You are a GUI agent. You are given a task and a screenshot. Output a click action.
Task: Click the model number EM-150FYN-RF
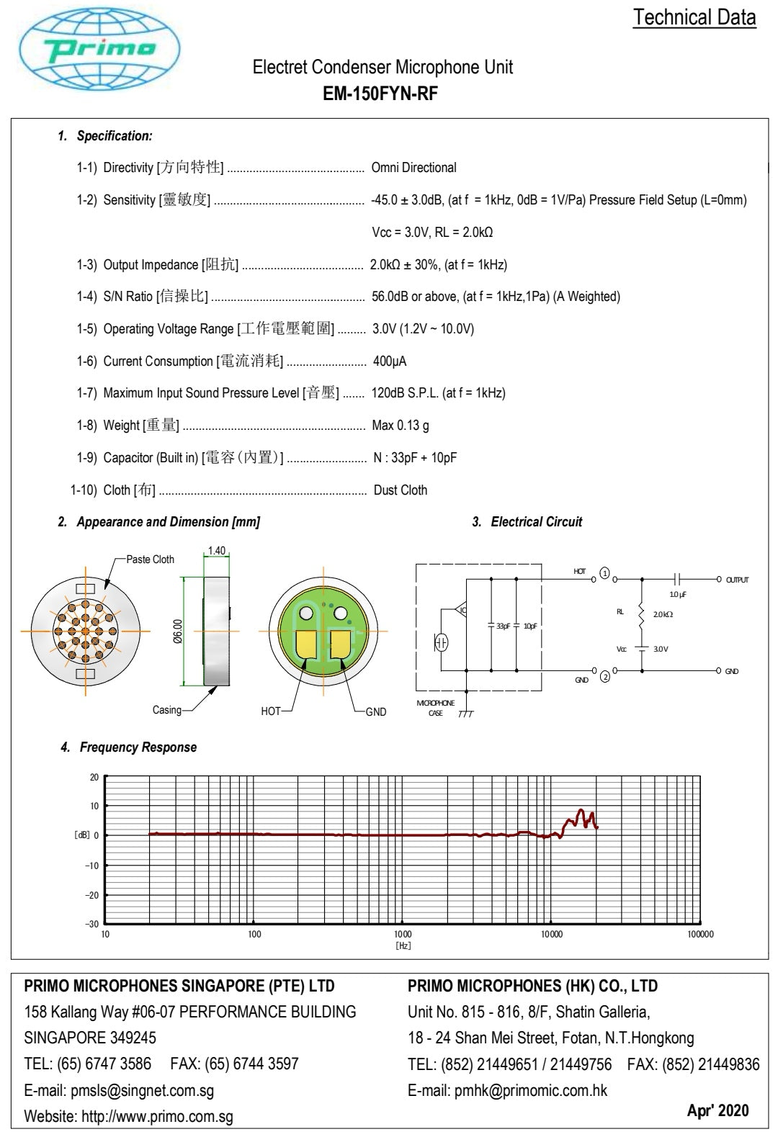click(x=380, y=94)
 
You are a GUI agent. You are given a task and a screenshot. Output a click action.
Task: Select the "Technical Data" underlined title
click(x=694, y=17)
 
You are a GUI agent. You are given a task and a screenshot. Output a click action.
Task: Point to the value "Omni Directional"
click(x=413, y=168)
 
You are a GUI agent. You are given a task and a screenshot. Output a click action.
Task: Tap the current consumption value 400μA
click(x=389, y=361)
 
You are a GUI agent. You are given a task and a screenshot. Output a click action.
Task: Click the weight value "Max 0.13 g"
click(x=400, y=426)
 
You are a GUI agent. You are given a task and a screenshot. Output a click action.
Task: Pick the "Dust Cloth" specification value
click(x=400, y=490)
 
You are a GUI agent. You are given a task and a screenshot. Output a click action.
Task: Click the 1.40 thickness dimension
click(x=216, y=551)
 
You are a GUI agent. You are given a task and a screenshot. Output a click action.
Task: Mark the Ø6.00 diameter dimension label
click(x=177, y=632)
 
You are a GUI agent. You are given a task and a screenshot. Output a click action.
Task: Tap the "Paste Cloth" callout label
click(x=150, y=559)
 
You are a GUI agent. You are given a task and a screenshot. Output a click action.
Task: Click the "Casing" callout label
click(x=167, y=710)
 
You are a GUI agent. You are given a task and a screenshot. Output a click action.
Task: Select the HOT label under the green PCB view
click(x=271, y=711)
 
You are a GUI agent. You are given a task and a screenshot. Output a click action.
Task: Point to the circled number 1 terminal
click(x=605, y=574)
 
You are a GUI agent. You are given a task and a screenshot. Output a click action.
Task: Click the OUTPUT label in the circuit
click(x=737, y=580)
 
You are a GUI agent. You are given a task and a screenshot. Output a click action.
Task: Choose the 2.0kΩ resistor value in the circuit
click(x=663, y=614)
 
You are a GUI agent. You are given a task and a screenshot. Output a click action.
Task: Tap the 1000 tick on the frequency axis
click(x=403, y=935)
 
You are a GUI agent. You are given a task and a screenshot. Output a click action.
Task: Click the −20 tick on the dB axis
click(x=92, y=895)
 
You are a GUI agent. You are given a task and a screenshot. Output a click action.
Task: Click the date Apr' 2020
click(x=717, y=1110)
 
